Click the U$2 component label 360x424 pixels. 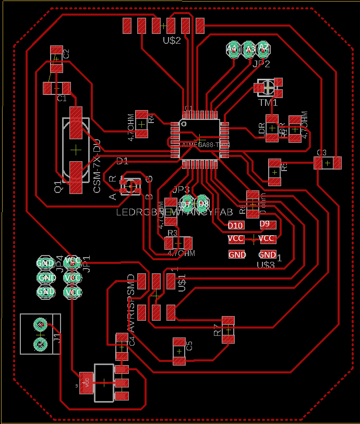point(172,40)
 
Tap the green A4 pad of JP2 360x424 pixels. point(232,49)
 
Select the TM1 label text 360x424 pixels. point(268,103)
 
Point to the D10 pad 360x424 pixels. point(236,225)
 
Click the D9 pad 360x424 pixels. point(265,224)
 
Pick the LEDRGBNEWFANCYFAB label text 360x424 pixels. point(174,213)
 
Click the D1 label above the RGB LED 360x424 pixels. point(122,161)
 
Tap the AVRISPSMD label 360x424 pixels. point(131,302)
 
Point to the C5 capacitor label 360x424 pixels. point(190,345)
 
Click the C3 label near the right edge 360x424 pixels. point(321,153)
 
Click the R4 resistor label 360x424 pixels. point(151,118)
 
